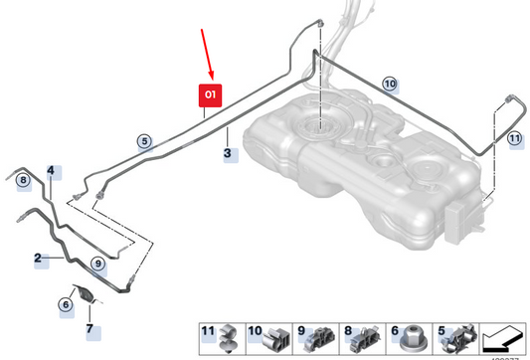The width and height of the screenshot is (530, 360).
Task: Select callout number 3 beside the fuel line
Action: (229, 154)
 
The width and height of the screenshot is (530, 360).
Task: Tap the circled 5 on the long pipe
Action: (144, 142)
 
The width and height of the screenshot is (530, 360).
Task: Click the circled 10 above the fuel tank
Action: (389, 84)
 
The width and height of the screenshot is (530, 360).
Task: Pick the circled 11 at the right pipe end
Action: (514, 139)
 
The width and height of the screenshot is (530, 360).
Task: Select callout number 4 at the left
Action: (51, 171)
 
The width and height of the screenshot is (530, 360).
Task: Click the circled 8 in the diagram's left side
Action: (21, 179)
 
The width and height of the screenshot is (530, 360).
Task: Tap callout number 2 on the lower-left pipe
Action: (39, 259)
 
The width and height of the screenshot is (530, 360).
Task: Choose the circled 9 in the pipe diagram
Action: (97, 263)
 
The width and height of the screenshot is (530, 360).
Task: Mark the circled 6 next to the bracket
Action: (66, 304)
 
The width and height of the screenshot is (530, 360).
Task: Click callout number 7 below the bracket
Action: (88, 328)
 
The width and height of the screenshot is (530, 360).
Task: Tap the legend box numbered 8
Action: (358, 338)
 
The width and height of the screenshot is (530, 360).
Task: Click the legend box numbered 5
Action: (453, 338)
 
